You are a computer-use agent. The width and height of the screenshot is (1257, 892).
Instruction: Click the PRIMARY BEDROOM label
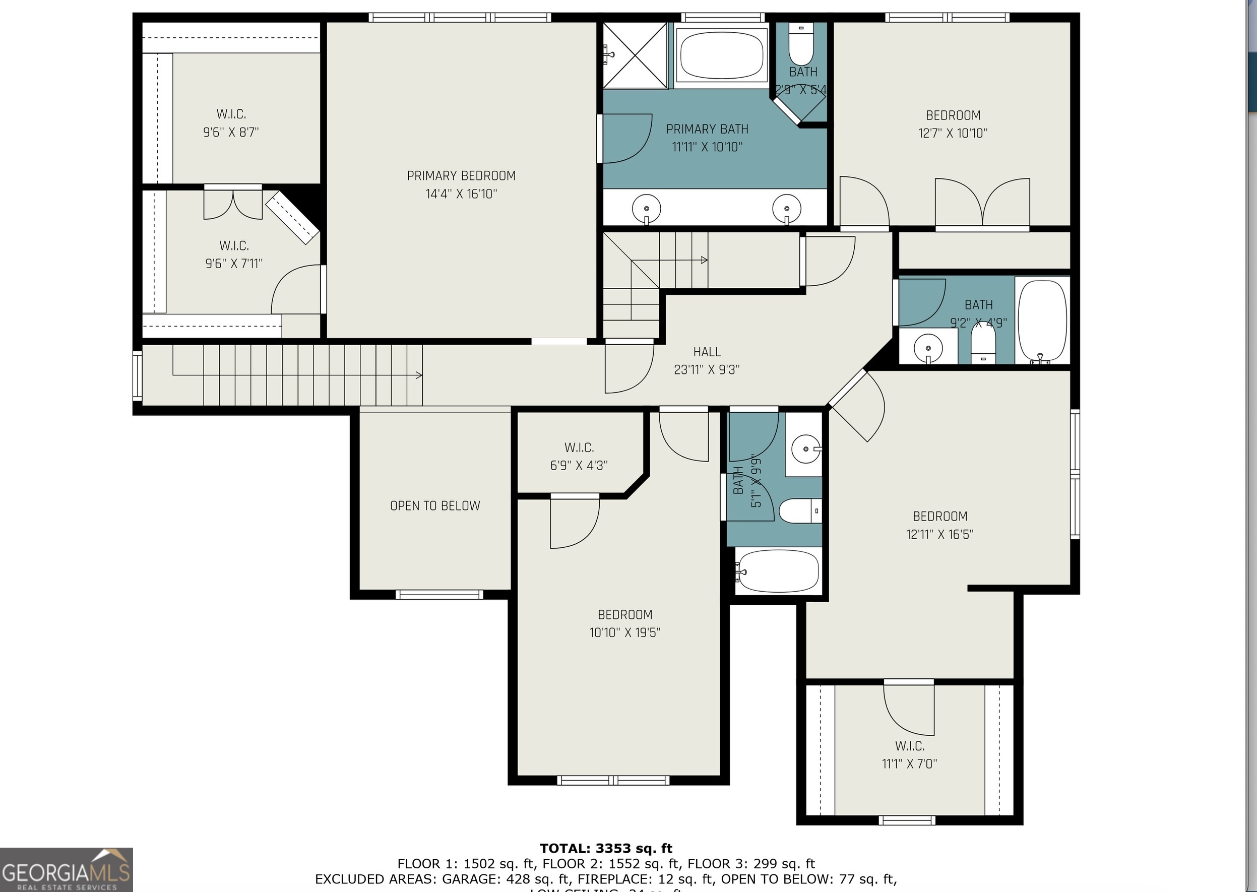(461, 176)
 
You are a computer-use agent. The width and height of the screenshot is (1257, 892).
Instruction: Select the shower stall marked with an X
(635, 55)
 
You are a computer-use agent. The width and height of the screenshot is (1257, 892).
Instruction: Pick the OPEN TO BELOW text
(435, 506)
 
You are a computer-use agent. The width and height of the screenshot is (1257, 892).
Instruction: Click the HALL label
(707, 352)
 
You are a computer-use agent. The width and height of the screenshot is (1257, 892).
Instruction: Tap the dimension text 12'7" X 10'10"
(953, 133)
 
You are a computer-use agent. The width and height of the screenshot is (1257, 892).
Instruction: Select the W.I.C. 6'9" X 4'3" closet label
(579, 456)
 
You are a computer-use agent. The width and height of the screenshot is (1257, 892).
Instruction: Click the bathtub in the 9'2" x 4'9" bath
(1042, 321)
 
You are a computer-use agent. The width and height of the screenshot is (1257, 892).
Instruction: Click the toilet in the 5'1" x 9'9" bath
(799, 511)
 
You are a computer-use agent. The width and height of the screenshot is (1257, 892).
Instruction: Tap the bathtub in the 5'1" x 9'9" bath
(777, 571)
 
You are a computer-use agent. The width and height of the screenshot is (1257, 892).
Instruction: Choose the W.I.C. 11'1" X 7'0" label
(910, 754)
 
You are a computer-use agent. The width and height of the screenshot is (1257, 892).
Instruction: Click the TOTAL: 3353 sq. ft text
(606, 848)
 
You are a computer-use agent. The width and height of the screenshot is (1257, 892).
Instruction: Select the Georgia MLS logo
(66, 869)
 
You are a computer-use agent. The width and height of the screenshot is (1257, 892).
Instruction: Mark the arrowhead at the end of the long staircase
(419, 375)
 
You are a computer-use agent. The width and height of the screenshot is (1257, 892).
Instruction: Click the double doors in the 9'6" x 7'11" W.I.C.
(233, 203)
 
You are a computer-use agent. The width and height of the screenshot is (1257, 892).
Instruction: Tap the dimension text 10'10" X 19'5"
(624, 632)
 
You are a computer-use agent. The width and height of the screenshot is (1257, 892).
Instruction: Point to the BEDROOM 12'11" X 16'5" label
(939, 525)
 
